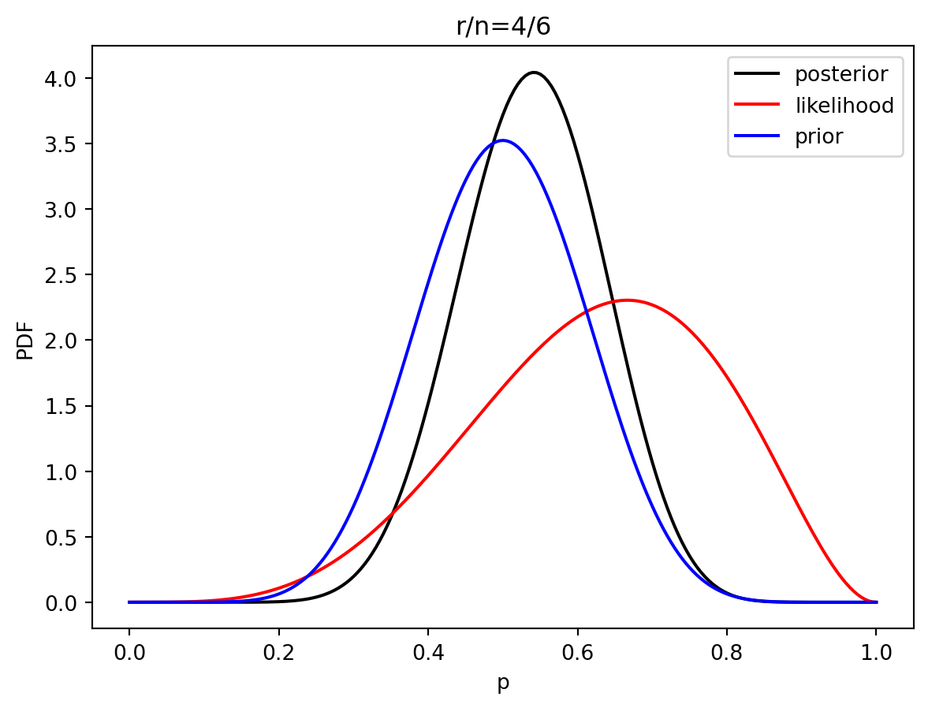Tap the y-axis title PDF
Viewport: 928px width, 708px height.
pyautogui.click(x=25, y=340)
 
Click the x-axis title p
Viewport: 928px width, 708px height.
pyautogui.click(x=503, y=683)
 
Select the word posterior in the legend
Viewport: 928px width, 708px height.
pyautogui.click(x=841, y=75)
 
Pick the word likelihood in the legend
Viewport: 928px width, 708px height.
pyautogui.click(x=844, y=106)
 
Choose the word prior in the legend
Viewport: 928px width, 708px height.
pyautogui.click(x=818, y=136)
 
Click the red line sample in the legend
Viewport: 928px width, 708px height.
pyautogui.click(x=757, y=106)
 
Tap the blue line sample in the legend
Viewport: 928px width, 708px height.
pyautogui.click(x=757, y=136)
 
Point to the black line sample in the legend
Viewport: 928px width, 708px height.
pyautogui.click(x=757, y=75)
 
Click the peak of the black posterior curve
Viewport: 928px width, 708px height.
pyautogui.click(x=534, y=73)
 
